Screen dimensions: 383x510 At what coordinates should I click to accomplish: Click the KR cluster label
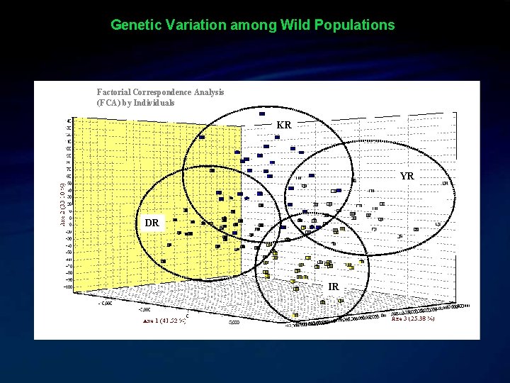[283, 125]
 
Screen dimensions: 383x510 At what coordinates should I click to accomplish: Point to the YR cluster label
[407, 176]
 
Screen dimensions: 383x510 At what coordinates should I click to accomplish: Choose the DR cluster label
[152, 223]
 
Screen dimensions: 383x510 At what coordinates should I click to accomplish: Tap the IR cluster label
[333, 287]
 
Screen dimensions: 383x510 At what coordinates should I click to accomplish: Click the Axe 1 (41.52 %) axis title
[164, 321]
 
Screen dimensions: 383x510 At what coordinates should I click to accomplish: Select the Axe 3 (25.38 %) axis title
[413, 318]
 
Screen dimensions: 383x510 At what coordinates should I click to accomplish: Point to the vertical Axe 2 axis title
[62, 202]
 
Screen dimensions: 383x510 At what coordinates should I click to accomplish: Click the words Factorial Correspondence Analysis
[160, 91]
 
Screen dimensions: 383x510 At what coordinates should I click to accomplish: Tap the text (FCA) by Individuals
[135, 102]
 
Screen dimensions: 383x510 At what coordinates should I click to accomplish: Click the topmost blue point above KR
[262, 113]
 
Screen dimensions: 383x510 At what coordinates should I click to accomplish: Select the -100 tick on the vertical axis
[68, 287]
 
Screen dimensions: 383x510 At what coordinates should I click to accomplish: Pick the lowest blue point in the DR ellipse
[164, 261]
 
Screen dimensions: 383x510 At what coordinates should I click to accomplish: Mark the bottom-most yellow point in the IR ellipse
[295, 315]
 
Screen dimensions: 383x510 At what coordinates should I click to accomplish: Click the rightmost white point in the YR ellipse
[446, 183]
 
